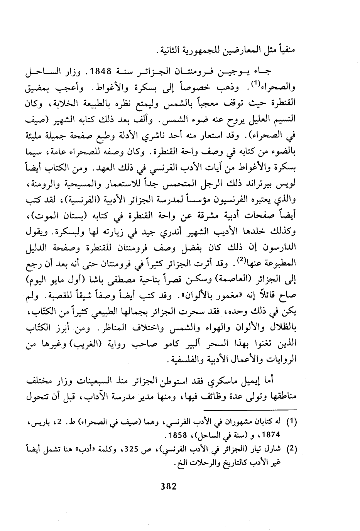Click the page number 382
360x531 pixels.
tap(168, 486)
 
